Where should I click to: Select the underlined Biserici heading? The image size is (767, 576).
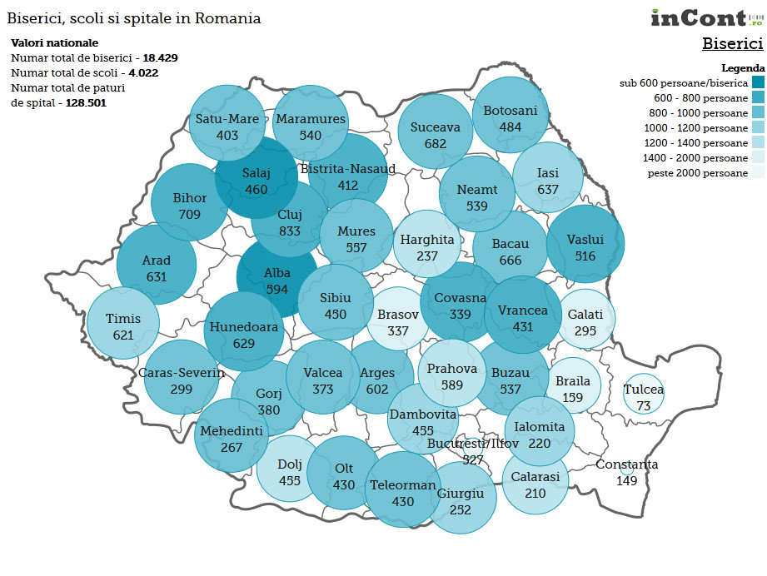click(732, 43)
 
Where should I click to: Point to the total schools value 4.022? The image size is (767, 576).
click(143, 73)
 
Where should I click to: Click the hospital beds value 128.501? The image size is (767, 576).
click(86, 103)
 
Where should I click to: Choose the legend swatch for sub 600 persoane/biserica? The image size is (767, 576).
click(757, 82)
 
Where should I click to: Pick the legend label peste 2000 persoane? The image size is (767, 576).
click(698, 173)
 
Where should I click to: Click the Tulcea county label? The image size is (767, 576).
click(644, 390)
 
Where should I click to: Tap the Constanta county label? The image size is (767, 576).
click(626, 464)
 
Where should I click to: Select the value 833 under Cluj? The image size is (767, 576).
click(289, 231)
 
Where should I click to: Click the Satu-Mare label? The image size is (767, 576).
click(227, 119)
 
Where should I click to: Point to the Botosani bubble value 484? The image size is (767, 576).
click(511, 127)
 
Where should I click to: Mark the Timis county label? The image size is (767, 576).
click(124, 319)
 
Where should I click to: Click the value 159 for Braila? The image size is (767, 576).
click(572, 397)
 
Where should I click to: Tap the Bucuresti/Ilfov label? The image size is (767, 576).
click(472, 444)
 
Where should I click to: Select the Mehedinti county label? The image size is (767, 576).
click(231, 431)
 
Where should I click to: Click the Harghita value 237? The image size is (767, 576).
click(427, 256)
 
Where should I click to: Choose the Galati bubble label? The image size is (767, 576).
click(585, 315)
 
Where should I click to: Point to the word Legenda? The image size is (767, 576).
click(742, 68)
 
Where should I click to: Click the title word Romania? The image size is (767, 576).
click(227, 18)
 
